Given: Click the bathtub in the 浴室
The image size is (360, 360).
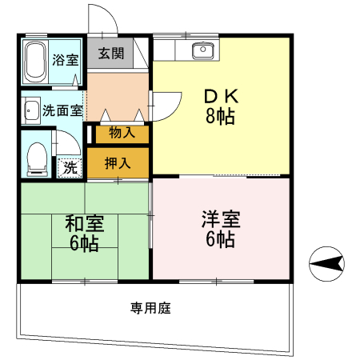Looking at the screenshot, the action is click(35, 62).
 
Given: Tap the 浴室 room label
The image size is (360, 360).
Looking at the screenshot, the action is click(66, 60).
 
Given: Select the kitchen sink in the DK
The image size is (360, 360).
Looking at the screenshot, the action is click(203, 50).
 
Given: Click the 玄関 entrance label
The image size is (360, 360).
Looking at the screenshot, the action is click(111, 54).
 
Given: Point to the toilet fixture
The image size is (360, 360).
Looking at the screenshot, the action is click(38, 159).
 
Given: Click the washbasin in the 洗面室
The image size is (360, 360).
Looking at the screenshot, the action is click(32, 110).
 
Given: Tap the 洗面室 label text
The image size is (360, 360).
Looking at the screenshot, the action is click(62, 110).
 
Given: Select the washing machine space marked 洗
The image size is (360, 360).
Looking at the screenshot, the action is click(70, 168).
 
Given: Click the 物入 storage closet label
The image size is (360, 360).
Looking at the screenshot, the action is click(122, 132).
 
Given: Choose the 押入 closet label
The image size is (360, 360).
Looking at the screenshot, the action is click(118, 162).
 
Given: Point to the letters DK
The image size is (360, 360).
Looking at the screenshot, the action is click(221, 96).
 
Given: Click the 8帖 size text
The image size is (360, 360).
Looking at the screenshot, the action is click(220, 116).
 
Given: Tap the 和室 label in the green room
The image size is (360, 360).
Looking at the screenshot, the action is click(85, 223).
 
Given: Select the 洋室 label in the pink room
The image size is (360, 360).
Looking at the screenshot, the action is click(221, 219).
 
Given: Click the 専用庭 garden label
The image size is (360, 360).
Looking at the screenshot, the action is click(150, 308).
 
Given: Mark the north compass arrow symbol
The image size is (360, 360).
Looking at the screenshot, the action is click(326, 264).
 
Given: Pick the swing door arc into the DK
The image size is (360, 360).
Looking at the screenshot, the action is click(174, 112).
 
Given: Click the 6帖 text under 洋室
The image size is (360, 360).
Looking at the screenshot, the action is click(220, 239).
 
